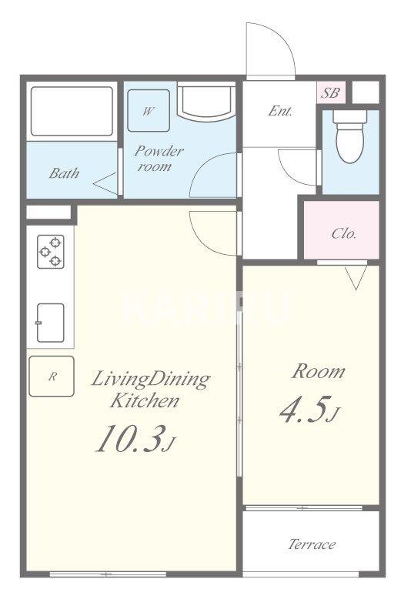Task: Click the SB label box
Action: tap(331, 92)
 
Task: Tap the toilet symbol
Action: tap(349, 136)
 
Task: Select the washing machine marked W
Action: tap(149, 110)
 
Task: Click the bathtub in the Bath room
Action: tap(72, 111)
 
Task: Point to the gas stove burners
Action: tap(51, 252)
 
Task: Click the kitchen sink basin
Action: tap(50, 323)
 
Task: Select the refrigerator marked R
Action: tap(52, 376)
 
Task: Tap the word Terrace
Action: tap(312, 544)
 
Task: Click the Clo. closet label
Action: tap(344, 234)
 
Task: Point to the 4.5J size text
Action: tap(309, 410)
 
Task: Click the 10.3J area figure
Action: tap(135, 439)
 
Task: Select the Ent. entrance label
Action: tap(280, 111)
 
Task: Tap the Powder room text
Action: tap(159, 159)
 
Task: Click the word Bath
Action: tap(65, 173)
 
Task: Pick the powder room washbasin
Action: tap(206, 101)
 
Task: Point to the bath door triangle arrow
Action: tap(105, 183)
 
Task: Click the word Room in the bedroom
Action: tap(318, 371)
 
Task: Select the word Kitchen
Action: tap(145, 401)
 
